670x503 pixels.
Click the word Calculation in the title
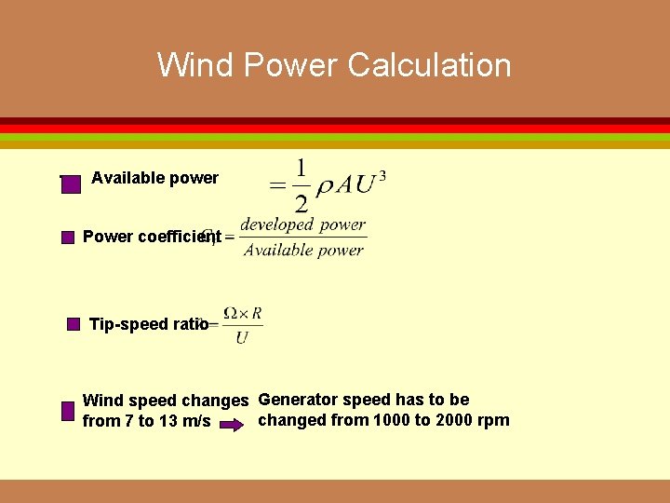(429, 65)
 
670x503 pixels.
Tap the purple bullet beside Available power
(72, 184)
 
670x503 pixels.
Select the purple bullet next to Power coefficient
(67, 238)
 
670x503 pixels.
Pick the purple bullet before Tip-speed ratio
(74, 324)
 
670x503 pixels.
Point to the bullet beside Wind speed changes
(67, 411)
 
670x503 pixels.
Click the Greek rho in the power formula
(325, 184)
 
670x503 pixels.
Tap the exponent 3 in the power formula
(382, 174)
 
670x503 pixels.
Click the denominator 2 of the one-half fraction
(301, 203)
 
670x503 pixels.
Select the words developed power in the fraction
(302, 224)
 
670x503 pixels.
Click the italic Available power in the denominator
(303, 250)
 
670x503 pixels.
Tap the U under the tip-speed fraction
(242, 337)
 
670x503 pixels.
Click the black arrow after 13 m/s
(235, 421)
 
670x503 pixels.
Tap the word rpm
(492, 420)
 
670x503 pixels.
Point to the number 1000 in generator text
(391, 420)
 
